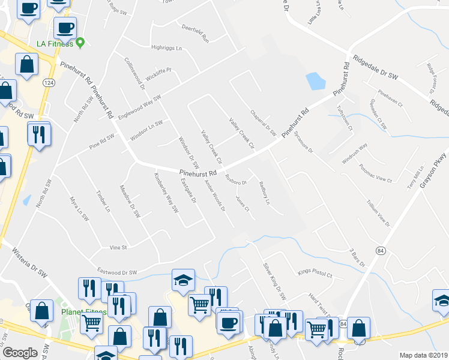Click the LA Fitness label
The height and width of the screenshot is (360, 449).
point(54,44)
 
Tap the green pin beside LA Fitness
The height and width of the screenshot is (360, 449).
point(80,43)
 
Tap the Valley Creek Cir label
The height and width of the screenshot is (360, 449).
point(242,133)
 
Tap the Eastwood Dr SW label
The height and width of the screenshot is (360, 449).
point(116,272)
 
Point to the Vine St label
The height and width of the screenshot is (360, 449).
point(118,247)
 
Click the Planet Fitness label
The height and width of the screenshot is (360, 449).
point(83,313)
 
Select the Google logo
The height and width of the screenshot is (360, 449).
point(20,353)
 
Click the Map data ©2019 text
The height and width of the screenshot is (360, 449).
point(423,355)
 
